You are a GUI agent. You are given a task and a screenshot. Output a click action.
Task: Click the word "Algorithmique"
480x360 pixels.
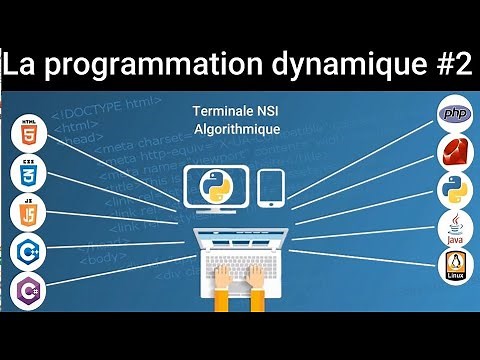(238, 131)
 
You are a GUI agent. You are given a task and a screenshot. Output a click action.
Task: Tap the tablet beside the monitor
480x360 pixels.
(272, 188)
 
